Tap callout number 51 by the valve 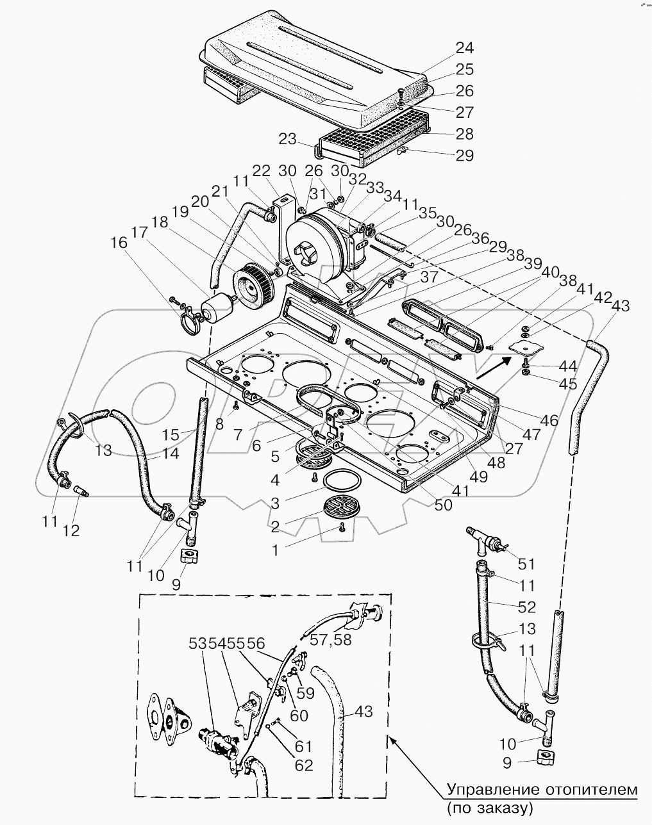[526, 564]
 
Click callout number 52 [526, 607]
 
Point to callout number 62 [304, 765]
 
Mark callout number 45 [567, 384]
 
